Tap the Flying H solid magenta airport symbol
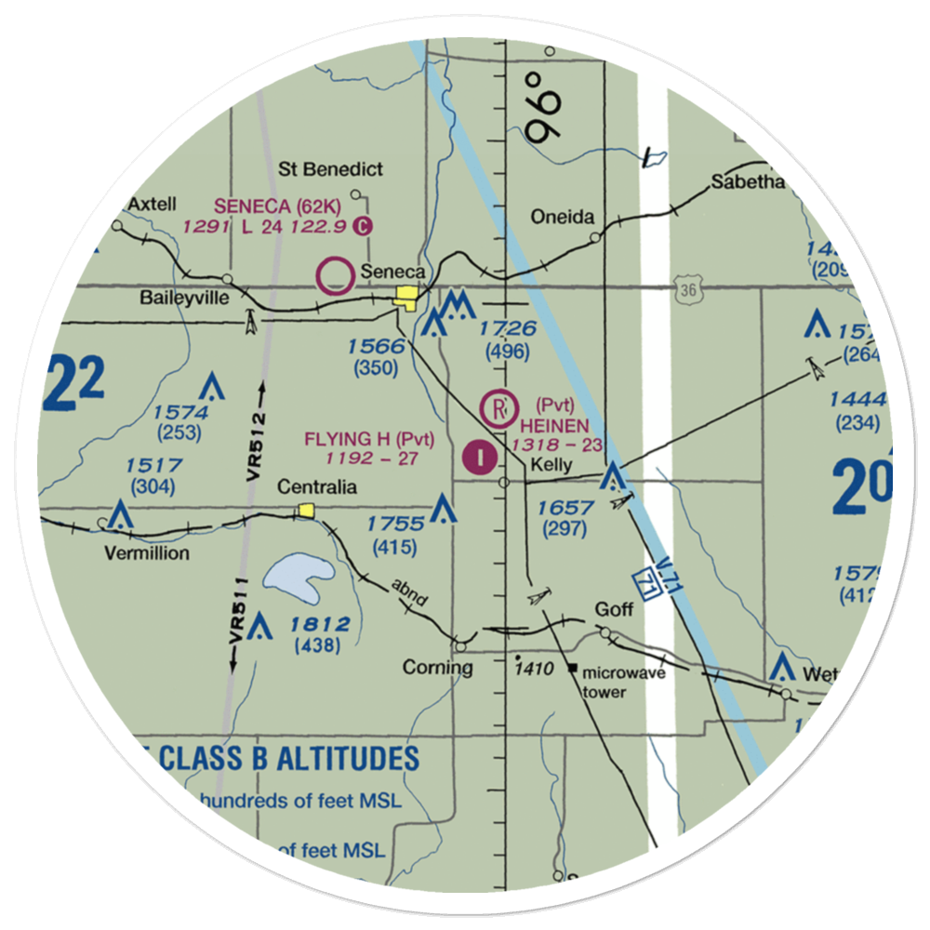click(x=479, y=458)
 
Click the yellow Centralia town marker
click(x=305, y=510)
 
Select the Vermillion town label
click(x=146, y=553)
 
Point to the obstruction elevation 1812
click(x=318, y=624)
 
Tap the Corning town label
click(x=437, y=667)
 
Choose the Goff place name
click(x=615, y=609)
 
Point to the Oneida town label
click(x=562, y=218)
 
